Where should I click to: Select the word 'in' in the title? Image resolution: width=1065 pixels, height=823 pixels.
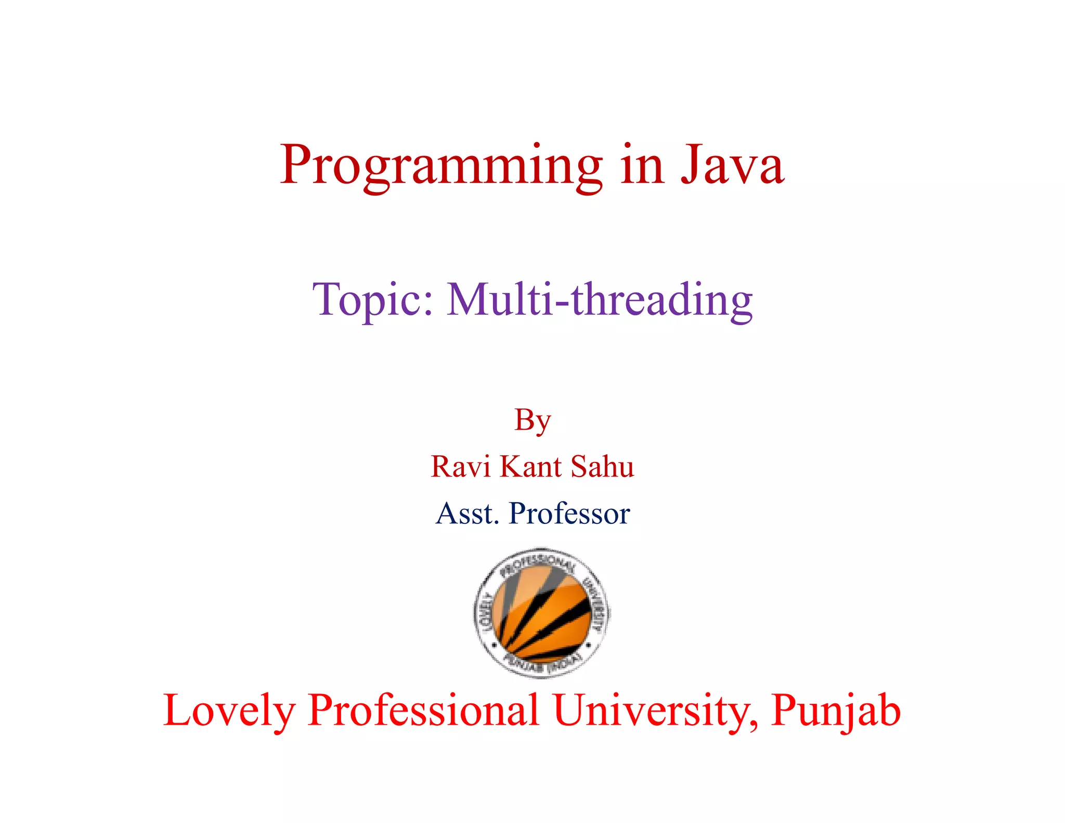pyautogui.click(x=643, y=165)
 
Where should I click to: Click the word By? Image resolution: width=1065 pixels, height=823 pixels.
pyautogui.click(x=532, y=420)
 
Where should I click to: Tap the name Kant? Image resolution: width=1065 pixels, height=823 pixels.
pyautogui.click(x=530, y=466)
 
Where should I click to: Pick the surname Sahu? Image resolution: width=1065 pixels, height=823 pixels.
pyautogui.click(x=602, y=466)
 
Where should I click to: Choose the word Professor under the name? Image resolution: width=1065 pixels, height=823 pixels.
pyautogui.click(x=569, y=514)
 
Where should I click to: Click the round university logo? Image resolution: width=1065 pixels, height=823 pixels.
pyautogui.click(x=541, y=613)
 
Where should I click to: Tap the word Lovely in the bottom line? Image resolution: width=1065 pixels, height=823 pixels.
pyautogui.click(x=229, y=711)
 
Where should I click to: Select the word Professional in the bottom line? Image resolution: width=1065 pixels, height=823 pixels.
pyautogui.click(x=423, y=711)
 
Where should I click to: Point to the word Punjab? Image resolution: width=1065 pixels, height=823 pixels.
pyautogui.click(x=836, y=711)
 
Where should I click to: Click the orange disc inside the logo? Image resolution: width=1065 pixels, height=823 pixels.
pyautogui.click(x=541, y=616)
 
